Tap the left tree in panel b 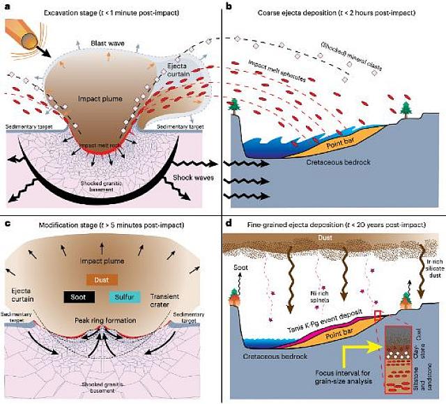(x=233, y=104)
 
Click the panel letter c (x=7, y=223)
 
